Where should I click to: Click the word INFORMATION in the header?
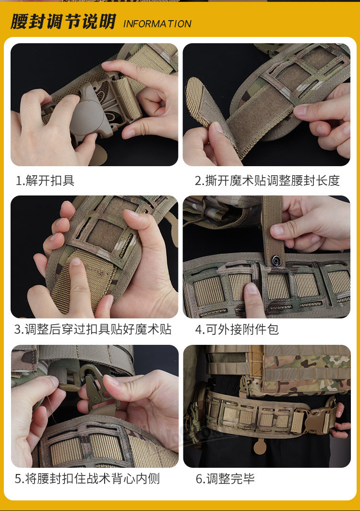point(157,24)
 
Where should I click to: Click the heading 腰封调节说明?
point(63,22)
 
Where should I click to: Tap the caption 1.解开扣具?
point(45,180)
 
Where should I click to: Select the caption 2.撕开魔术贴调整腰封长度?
point(267,180)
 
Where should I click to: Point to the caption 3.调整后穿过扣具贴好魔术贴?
point(93,329)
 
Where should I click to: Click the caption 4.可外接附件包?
point(237,329)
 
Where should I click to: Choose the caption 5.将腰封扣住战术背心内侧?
point(87,478)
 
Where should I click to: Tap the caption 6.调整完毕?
point(225,478)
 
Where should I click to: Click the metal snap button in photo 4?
point(276,260)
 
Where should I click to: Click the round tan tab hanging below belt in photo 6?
point(260,447)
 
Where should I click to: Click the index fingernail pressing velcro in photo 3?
point(76,261)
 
